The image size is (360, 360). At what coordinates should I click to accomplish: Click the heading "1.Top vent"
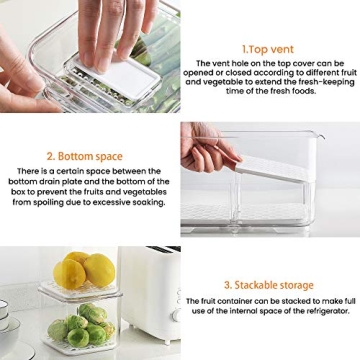(268, 48)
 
